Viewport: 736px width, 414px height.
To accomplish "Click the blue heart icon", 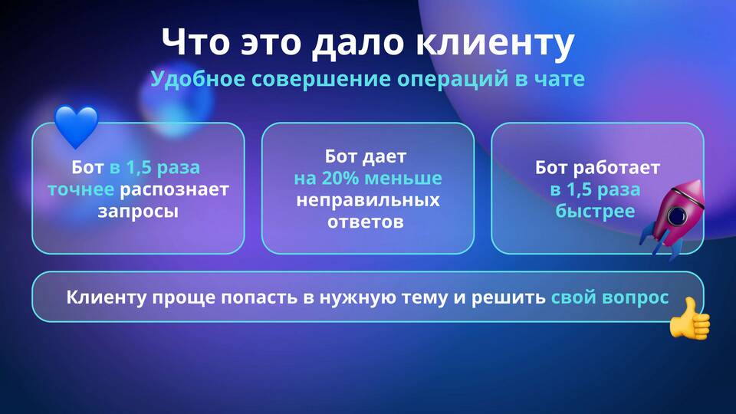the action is pyautogui.click(x=76, y=126).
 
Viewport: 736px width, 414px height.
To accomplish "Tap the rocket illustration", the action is pyautogui.click(x=673, y=219).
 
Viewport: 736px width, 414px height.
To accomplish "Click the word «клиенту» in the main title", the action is pyautogui.click(x=495, y=42).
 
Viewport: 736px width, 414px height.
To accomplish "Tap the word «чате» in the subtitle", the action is pyautogui.click(x=560, y=79).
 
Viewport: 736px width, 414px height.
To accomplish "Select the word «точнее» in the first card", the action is pyautogui.click(x=80, y=189).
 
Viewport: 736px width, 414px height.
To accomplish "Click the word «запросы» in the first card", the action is pyautogui.click(x=138, y=212).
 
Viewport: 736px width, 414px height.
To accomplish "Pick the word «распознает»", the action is pyautogui.click(x=174, y=189).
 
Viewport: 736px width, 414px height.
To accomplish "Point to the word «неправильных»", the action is pyautogui.click(x=368, y=200).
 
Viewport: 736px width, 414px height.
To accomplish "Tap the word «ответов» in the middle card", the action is pyautogui.click(x=366, y=222).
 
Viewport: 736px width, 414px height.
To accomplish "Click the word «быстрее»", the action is pyautogui.click(x=595, y=212).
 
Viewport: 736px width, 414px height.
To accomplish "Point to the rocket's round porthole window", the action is pyautogui.click(x=677, y=215).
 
